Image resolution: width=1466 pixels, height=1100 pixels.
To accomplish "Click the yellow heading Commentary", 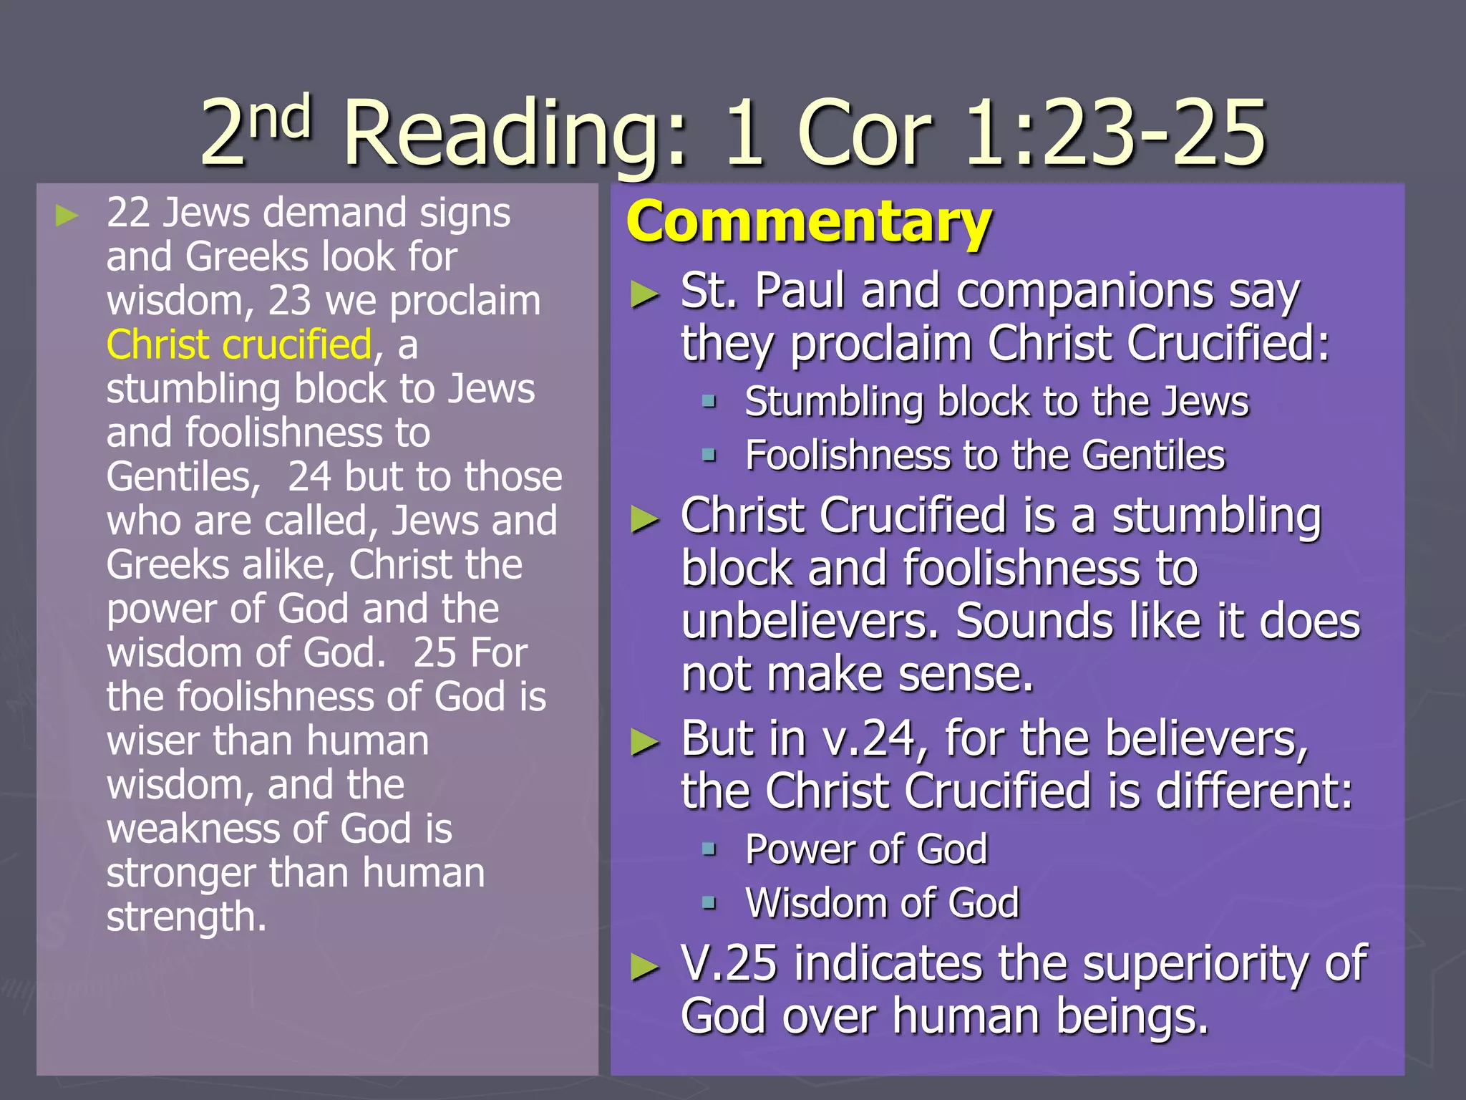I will point(809,222).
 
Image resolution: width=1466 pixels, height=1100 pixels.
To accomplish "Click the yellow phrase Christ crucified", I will point(239,344).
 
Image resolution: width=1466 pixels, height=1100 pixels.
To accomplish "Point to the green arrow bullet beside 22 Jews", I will point(67,215).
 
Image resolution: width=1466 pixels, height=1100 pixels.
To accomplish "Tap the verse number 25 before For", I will point(435,652).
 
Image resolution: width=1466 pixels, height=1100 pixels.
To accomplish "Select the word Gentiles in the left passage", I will point(179,477).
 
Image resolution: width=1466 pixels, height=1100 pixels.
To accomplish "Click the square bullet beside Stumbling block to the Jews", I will point(709,401).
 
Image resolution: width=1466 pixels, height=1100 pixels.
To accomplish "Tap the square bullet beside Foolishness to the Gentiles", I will point(709,455).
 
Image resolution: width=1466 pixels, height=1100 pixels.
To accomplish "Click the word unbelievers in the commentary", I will point(809,621).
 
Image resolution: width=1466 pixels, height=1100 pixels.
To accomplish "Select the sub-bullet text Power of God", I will point(866,849).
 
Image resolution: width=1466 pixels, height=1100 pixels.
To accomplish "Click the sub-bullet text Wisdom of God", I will point(882,902).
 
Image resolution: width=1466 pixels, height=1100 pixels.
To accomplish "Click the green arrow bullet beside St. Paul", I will point(644,294).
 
